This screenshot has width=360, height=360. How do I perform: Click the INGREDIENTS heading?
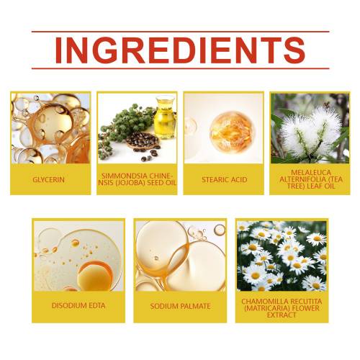[180, 50]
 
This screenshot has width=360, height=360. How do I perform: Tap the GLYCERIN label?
[49, 179]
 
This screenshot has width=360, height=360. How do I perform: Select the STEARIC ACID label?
[225, 179]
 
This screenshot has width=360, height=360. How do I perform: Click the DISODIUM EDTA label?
[78, 305]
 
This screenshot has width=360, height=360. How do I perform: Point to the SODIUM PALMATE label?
[180, 306]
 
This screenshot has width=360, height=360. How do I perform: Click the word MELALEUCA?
[311, 172]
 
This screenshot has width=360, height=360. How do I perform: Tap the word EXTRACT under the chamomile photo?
[282, 315]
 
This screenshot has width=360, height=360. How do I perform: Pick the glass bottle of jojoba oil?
[165, 117]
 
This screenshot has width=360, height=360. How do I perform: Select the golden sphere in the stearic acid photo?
[231, 132]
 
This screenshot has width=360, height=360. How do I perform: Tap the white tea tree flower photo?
[310, 128]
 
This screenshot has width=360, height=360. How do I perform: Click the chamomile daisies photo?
[282, 256]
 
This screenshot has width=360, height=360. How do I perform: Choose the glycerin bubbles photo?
[50, 128]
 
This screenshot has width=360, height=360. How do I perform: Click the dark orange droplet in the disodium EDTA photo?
[95, 275]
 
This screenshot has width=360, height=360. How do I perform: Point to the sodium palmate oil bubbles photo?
[180, 256]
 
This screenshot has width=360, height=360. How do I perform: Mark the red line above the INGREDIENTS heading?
[180, 32]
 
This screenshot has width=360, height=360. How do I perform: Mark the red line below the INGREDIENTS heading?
[180, 68]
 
